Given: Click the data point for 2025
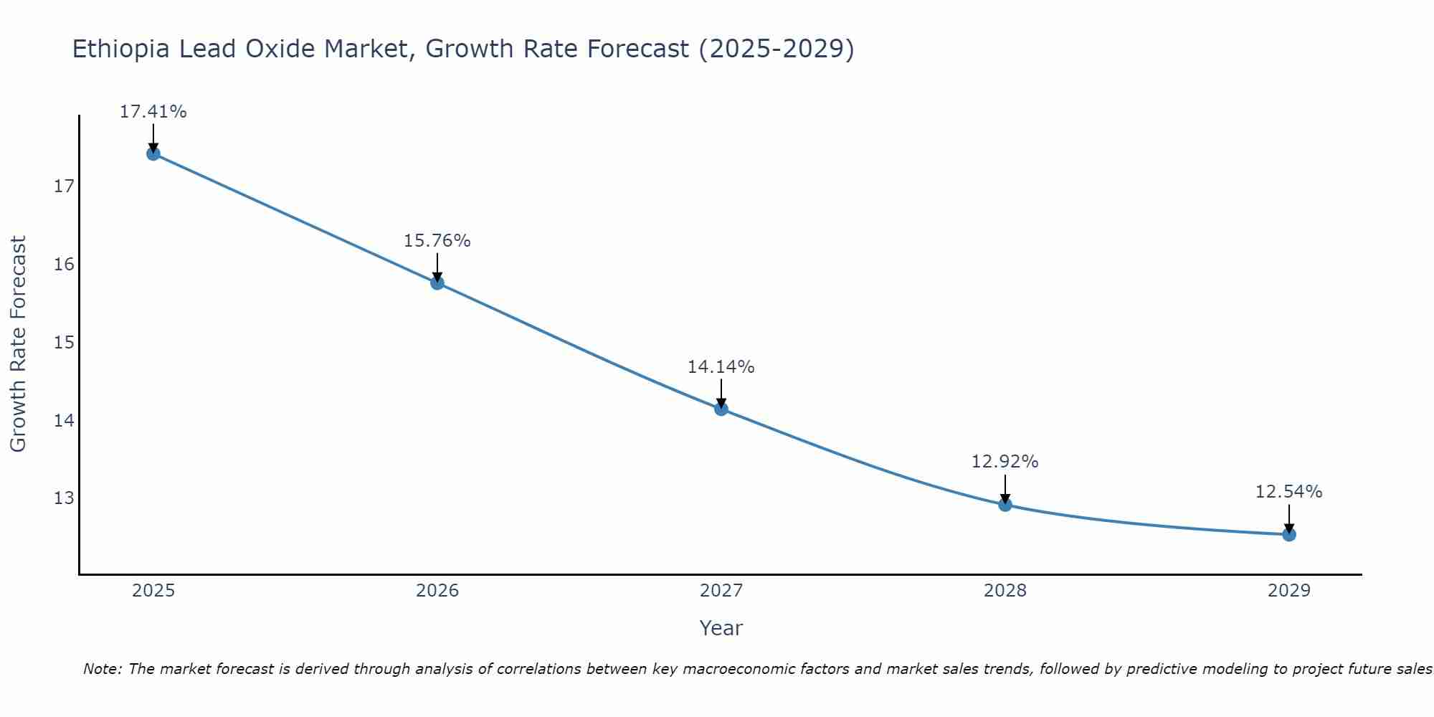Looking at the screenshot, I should pyautogui.click(x=153, y=153).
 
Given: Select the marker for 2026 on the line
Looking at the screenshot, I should pyautogui.click(x=437, y=282).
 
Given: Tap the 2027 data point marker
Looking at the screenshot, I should pyautogui.click(x=721, y=409).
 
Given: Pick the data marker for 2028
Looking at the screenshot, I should pyautogui.click(x=1005, y=505).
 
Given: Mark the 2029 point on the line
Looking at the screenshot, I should pyautogui.click(x=1288, y=534).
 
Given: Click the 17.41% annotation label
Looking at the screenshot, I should pyautogui.click(x=153, y=112).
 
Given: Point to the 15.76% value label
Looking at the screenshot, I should pyautogui.click(x=437, y=241).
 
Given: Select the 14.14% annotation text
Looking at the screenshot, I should pyautogui.click(x=721, y=367).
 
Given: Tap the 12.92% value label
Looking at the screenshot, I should pyautogui.click(x=1005, y=462).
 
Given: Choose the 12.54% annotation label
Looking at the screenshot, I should pyautogui.click(x=1288, y=492).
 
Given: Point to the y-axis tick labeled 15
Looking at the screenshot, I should pyautogui.click(x=64, y=343).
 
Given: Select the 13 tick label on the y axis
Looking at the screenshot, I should pyautogui.click(x=64, y=498).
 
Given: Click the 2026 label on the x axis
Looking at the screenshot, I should pyautogui.click(x=437, y=592).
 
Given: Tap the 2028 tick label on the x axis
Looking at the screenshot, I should pyautogui.click(x=1005, y=592).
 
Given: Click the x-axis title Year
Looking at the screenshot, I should pyautogui.click(x=721, y=628).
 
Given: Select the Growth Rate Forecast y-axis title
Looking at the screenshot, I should pyautogui.click(x=19, y=344).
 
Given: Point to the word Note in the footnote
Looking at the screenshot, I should pyautogui.click(x=103, y=670).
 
